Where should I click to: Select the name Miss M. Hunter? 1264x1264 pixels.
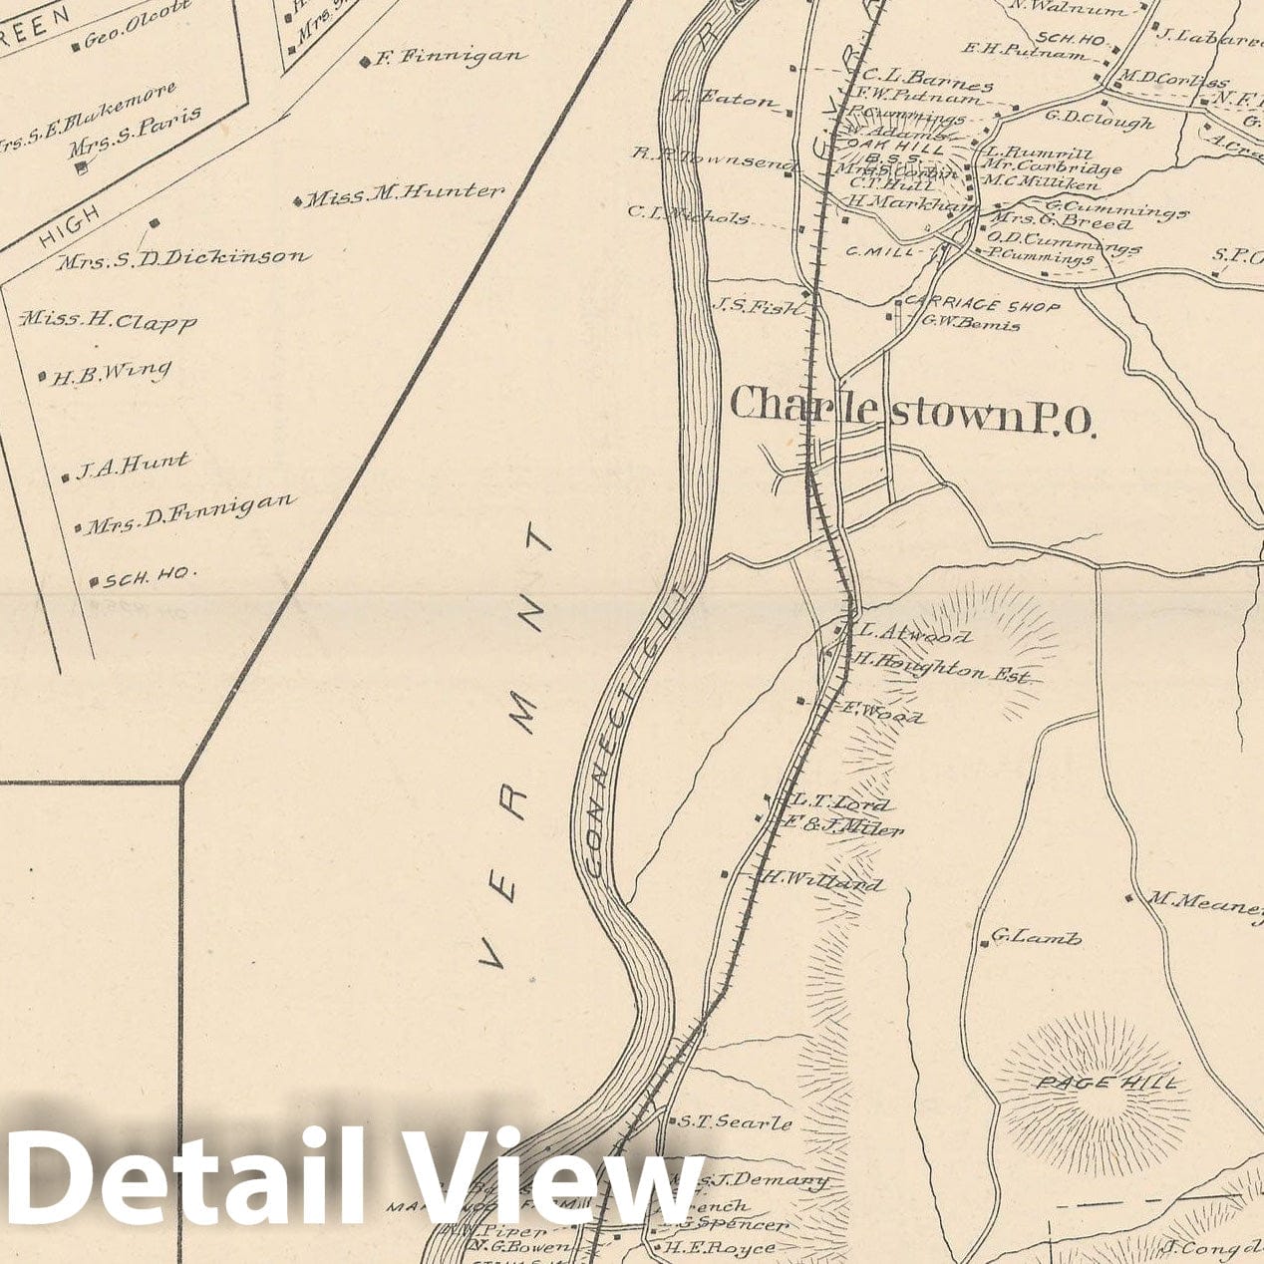point(404,194)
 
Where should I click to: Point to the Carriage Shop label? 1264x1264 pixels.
point(982,306)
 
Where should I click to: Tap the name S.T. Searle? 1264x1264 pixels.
point(736,1122)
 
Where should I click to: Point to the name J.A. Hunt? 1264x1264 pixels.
point(132,465)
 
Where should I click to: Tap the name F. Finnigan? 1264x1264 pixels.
point(449,58)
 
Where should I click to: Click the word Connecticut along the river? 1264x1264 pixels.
point(635,733)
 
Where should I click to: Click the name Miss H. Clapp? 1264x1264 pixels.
point(110,321)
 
